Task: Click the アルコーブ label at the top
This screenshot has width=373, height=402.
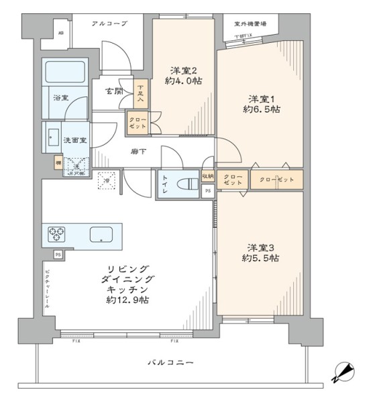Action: click(109, 23)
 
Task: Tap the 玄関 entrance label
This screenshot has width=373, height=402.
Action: click(114, 92)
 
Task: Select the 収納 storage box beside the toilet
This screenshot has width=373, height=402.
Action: click(208, 176)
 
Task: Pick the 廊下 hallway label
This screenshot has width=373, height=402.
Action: click(139, 151)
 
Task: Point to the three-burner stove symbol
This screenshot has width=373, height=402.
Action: click(56, 234)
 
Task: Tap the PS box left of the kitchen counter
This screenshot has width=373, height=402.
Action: click(58, 255)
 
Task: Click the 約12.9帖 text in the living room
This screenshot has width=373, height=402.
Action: click(127, 299)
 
